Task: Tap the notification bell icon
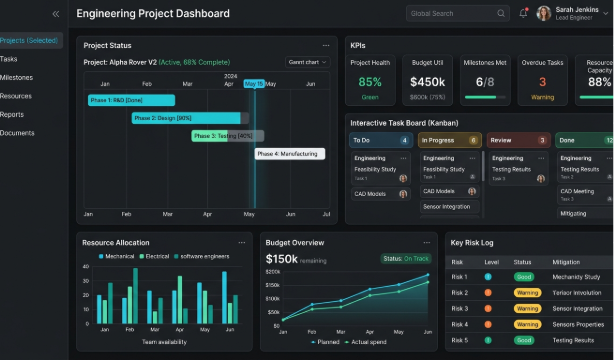tap(523, 13)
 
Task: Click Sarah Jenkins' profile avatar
tap(544, 13)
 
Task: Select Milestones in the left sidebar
tap(16, 77)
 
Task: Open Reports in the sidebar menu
tap(12, 114)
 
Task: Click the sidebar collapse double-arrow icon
tap(56, 14)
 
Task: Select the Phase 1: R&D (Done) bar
tap(131, 100)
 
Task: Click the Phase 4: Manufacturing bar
tap(289, 154)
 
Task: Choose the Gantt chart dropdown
tap(308, 62)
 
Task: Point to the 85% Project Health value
tap(370, 82)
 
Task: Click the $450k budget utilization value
tap(427, 82)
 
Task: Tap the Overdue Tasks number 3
tap(542, 82)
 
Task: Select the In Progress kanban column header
tap(450, 140)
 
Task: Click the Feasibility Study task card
tap(378, 169)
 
